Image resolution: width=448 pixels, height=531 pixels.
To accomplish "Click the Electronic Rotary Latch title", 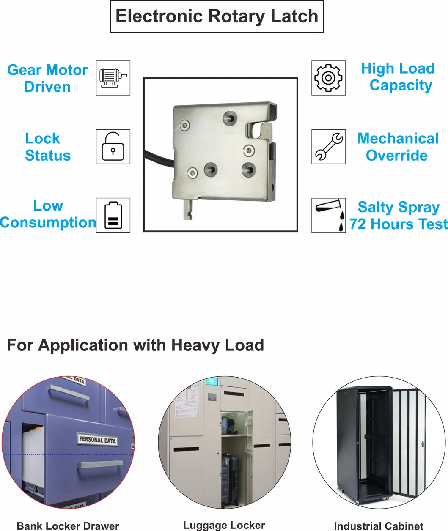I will [217, 16].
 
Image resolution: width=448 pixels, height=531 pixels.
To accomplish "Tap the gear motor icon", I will [113, 78].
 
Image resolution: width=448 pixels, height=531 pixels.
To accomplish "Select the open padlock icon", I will [113, 147].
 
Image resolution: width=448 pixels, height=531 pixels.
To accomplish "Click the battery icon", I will [113, 215].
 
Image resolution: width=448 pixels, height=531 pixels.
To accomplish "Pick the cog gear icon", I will [328, 78].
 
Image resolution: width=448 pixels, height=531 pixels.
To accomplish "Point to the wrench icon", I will [328, 147].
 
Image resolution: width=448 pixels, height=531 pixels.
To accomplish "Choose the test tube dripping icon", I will [329, 215].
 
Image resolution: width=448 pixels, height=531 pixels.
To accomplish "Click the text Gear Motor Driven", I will [47, 78].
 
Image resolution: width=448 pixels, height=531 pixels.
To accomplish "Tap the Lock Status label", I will [47, 147].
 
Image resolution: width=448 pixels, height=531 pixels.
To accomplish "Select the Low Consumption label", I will [48, 214].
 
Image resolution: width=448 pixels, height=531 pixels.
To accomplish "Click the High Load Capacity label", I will [399, 77].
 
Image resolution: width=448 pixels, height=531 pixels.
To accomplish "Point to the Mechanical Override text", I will [398, 147].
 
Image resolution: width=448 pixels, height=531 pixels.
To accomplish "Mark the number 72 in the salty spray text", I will [357, 224].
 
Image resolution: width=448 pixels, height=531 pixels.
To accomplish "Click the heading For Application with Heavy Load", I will [135, 345].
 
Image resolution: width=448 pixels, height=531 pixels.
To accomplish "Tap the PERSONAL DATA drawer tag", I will [97, 440].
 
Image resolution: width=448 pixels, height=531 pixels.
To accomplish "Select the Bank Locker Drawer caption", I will [68, 526].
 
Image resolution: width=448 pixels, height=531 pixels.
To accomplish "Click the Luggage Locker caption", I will [224, 525].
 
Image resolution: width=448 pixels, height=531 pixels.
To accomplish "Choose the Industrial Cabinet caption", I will [379, 526].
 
